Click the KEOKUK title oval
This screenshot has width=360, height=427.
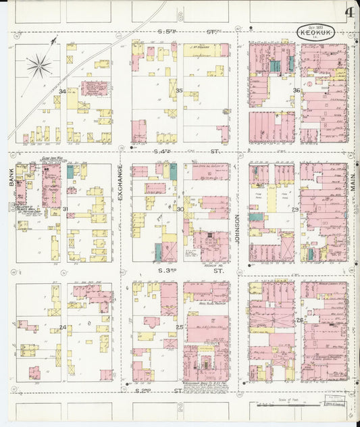coord(315,32)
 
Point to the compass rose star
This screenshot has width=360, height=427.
coord(39,66)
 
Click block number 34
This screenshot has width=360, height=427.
coord(63,91)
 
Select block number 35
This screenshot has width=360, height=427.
coord(179,91)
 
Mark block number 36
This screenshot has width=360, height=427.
coord(297,91)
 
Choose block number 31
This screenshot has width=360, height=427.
coord(65,209)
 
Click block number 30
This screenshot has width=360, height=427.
coord(180,209)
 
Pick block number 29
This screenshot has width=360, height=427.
coord(295,209)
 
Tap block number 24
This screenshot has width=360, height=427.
coord(63,328)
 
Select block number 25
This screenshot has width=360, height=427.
coord(180,328)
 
